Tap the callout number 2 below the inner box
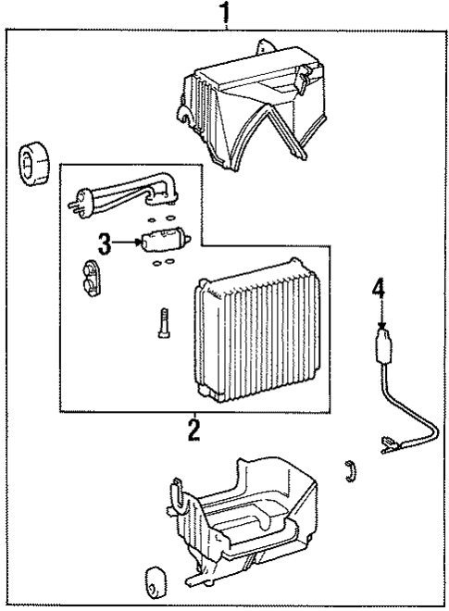193,430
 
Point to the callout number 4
378,288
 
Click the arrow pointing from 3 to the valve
126,243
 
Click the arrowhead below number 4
381,326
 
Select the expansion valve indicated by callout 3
166,239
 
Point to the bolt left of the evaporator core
164,322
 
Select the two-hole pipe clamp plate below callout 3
91,278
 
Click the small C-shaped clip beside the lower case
351,470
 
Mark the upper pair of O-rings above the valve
163,219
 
